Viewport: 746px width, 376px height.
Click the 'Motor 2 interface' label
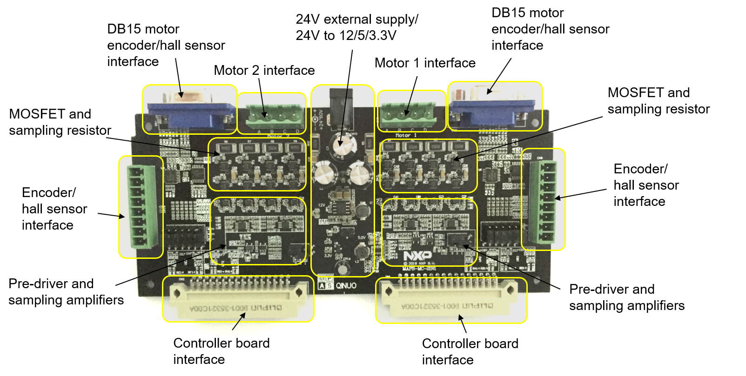click(x=264, y=70)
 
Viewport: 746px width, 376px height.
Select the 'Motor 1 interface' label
click(x=425, y=63)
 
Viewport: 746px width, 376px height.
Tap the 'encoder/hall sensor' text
click(x=166, y=46)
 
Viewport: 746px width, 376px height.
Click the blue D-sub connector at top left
click(x=191, y=114)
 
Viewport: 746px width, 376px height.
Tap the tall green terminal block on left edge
click(x=141, y=207)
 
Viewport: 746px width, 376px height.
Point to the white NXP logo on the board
click(x=417, y=256)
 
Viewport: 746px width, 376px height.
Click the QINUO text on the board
click(x=346, y=285)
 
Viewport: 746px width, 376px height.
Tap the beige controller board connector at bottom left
click(x=238, y=298)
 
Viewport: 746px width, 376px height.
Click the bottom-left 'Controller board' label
click(x=221, y=343)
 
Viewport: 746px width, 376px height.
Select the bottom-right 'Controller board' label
click(x=470, y=343)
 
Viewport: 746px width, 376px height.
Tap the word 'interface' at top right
click(x=517, y=46)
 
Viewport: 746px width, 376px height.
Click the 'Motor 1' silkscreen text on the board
click(x=406, y=135)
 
